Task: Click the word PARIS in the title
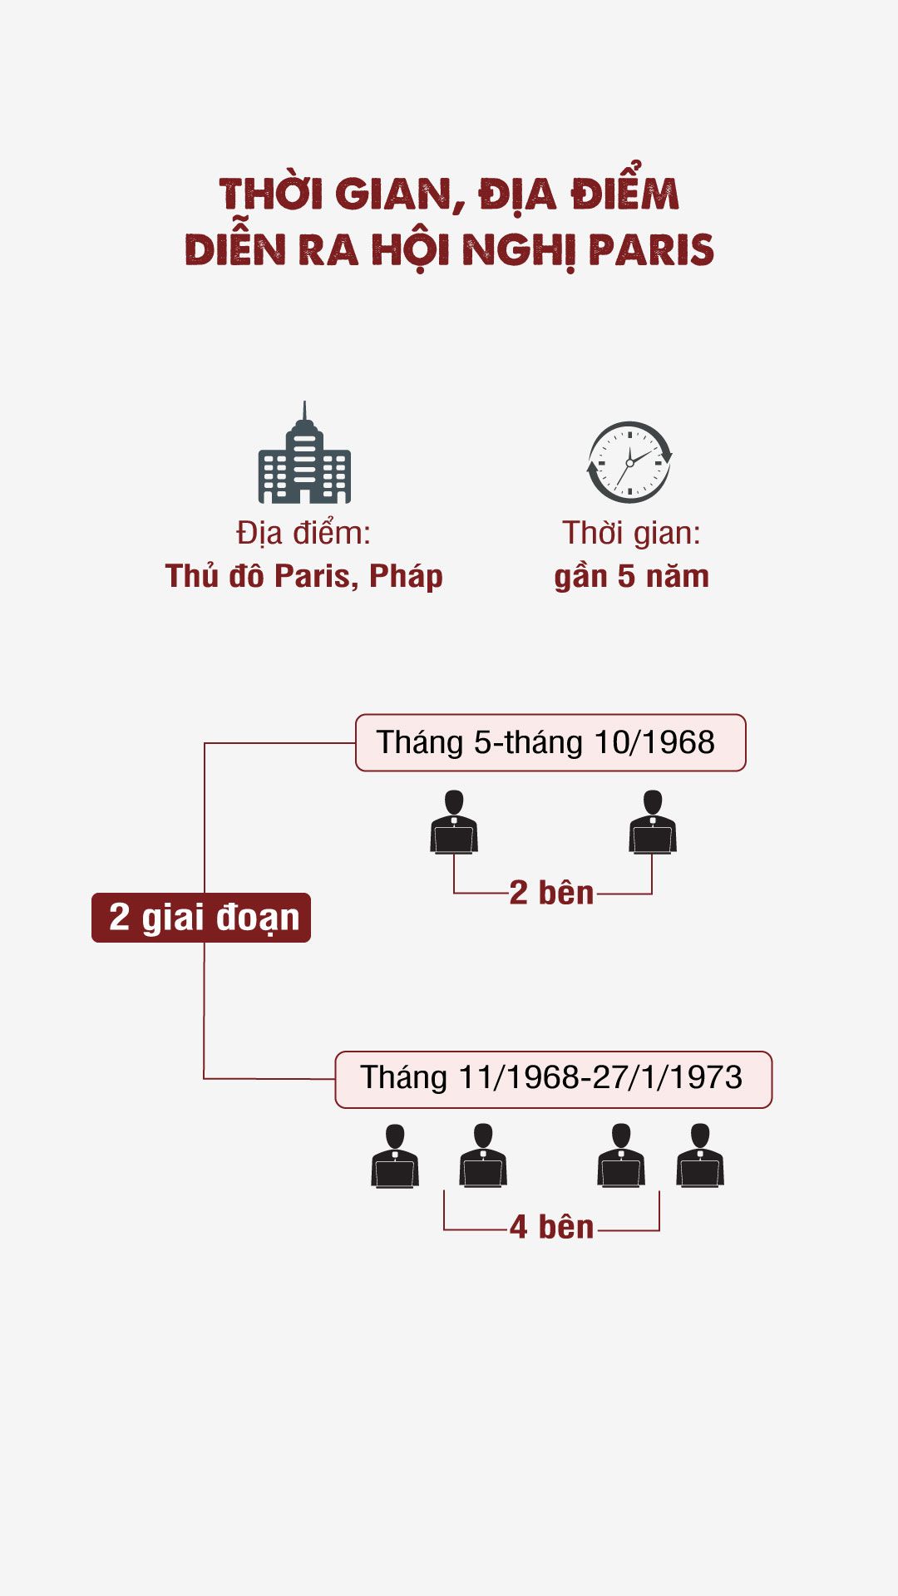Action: [651, 249]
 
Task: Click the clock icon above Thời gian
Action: [629, 461]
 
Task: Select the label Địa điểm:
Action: [303, 533]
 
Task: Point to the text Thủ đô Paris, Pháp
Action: [303, 576]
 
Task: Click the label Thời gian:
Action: [631, 533]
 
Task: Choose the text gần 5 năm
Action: [631, 576]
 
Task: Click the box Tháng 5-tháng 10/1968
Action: [550, 742]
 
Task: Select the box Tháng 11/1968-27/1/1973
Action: [553, 1079]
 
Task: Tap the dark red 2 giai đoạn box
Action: [201, 918]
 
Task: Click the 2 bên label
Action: [551, 894]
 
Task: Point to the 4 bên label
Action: [551, 1228]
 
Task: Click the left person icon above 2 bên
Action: [454, 822]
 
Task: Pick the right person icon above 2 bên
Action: [653, 822]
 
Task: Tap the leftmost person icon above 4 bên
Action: [395, 1156]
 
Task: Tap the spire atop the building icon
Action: [304, 411]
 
